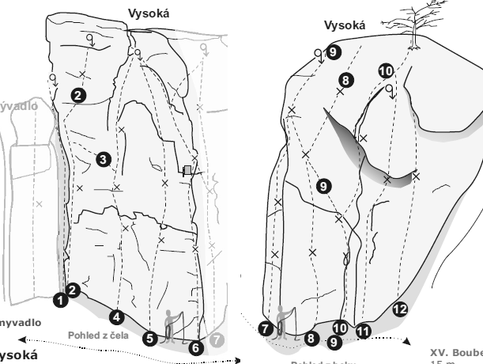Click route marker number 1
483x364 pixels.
(x=58, y=300)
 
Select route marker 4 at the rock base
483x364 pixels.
(x=117, y=317)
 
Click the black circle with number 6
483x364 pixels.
(x=197, y=345)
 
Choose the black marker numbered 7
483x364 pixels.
(x=266, y=327)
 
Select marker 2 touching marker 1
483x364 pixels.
(x=72, y=290)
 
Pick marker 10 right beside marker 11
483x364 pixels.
(x=341, y=326)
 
